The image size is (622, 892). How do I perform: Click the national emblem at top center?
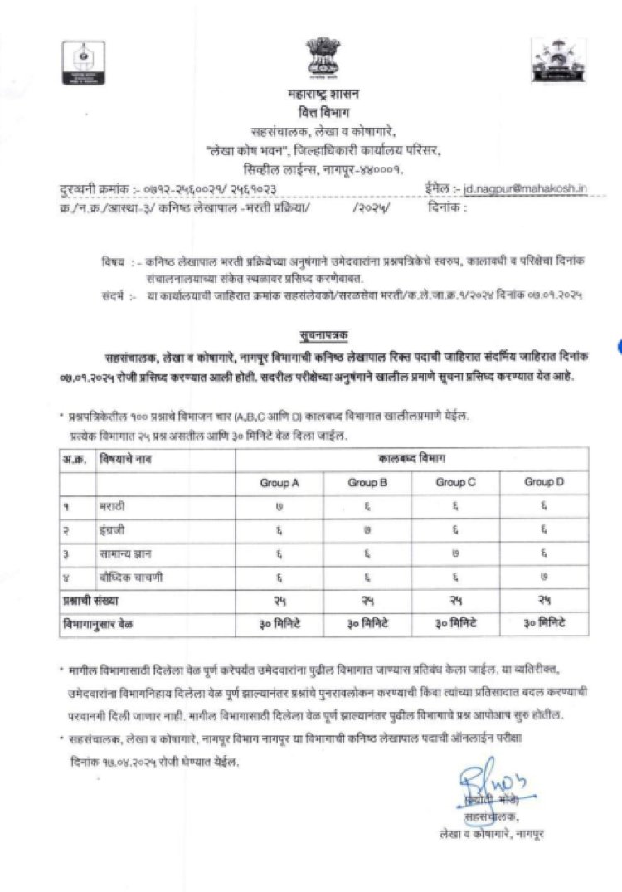click(320, 56)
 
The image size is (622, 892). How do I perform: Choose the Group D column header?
click(545, 482)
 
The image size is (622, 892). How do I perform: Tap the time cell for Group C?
click(456, 622)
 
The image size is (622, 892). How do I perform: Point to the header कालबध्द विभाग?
click(411, 457)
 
